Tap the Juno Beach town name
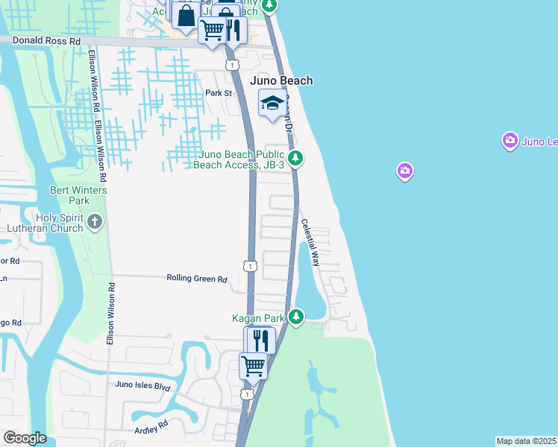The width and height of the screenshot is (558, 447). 281,80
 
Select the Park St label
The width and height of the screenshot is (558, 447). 219,93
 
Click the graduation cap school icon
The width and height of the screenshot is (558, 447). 272,103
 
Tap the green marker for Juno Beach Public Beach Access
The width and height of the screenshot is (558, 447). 296,158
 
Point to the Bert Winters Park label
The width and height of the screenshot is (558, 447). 78,195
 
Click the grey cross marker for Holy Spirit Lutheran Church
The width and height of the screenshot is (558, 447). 95,221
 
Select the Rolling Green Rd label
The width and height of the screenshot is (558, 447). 196,279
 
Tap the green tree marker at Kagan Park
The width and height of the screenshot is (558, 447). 296,317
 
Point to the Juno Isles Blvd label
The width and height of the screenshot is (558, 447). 142,387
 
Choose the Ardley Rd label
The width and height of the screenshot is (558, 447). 151,430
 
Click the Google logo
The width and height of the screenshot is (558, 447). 25,438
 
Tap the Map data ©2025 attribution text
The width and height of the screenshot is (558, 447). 526,441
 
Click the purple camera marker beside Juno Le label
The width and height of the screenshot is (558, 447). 510,140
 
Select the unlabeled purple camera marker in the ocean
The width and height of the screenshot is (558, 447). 405,172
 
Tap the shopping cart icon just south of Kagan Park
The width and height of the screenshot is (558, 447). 253,366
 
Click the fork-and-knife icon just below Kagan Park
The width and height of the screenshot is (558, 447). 260,340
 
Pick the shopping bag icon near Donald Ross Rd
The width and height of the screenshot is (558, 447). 186,14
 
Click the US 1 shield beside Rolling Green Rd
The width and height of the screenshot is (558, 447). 249,266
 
